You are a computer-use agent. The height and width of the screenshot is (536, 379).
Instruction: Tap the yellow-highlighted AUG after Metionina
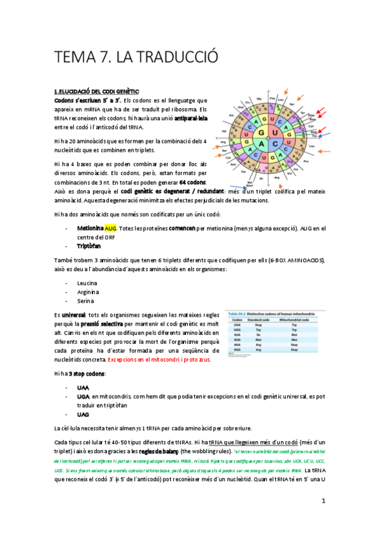click(x=111, y=228)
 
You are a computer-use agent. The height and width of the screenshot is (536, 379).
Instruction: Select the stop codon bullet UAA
click(x=83, y=387)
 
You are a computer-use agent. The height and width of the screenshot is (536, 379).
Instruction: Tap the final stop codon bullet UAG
click(x=83, y=414)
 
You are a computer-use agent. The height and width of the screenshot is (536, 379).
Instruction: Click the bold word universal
click(x=73, y=314)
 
